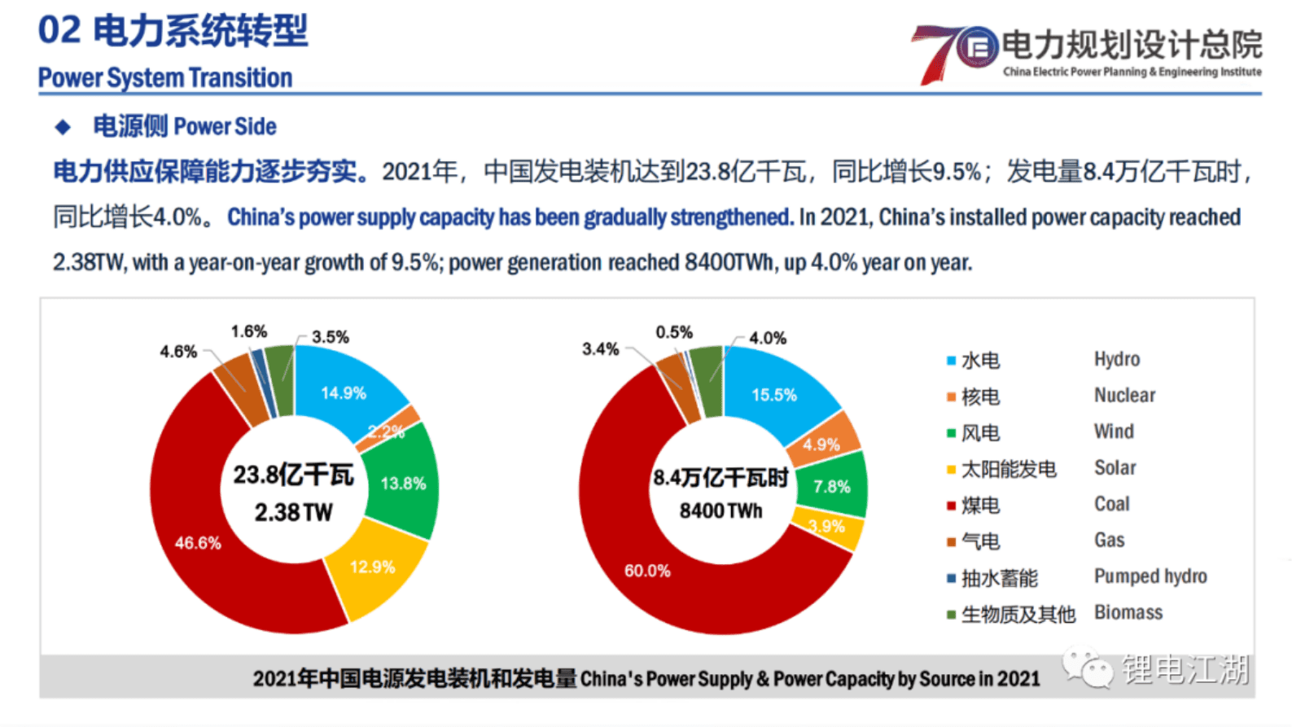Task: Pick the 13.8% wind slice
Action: point(402,482)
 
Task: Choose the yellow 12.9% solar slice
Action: point(372,567)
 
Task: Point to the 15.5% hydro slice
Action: point(773,394)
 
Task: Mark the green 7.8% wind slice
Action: point(832,486)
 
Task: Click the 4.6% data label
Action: point(178,352)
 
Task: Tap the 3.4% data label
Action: point(600,349)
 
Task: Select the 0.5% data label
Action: point(674,332)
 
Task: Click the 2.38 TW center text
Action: point(293,512)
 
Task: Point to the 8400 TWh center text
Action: point(720,511)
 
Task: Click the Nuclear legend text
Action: point(1124,396)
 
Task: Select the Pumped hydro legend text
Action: point(1150,576)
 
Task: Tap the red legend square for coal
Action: point(950,506)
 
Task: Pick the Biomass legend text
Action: point(1128,612)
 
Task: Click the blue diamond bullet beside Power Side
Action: point(63,127)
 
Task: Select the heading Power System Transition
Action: point(165,78)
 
